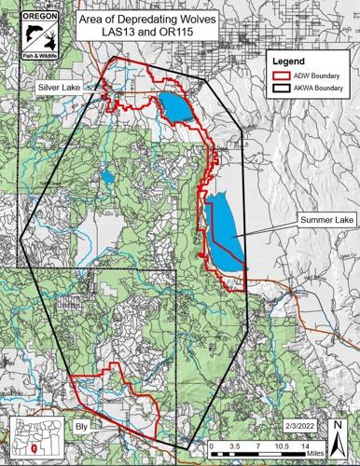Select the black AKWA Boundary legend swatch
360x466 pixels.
[x=278, y=89]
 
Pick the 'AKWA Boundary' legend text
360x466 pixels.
[x=317, y=89]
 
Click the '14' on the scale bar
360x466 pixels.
[x=305, y=446]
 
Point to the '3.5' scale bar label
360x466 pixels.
[x=234, y=446]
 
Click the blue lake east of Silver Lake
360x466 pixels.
[x=175, y=105]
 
